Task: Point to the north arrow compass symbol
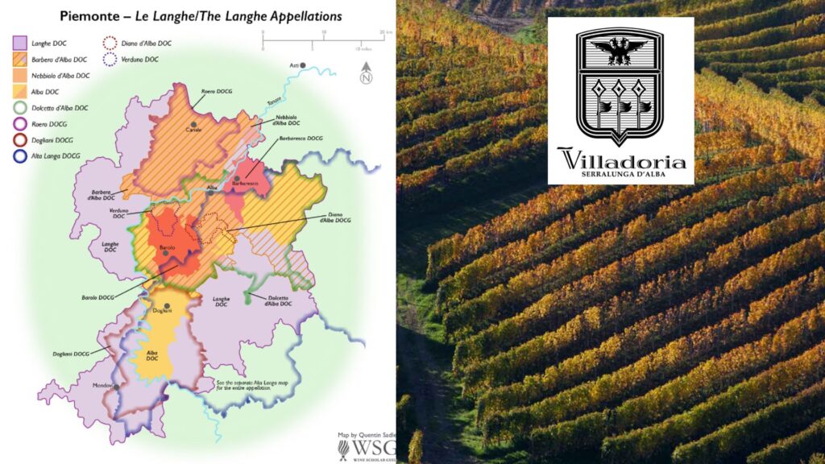coord(365,73)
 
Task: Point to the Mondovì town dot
coord(118,386)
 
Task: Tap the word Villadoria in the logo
coord(620,160)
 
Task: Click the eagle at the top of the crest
coord(620,50)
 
